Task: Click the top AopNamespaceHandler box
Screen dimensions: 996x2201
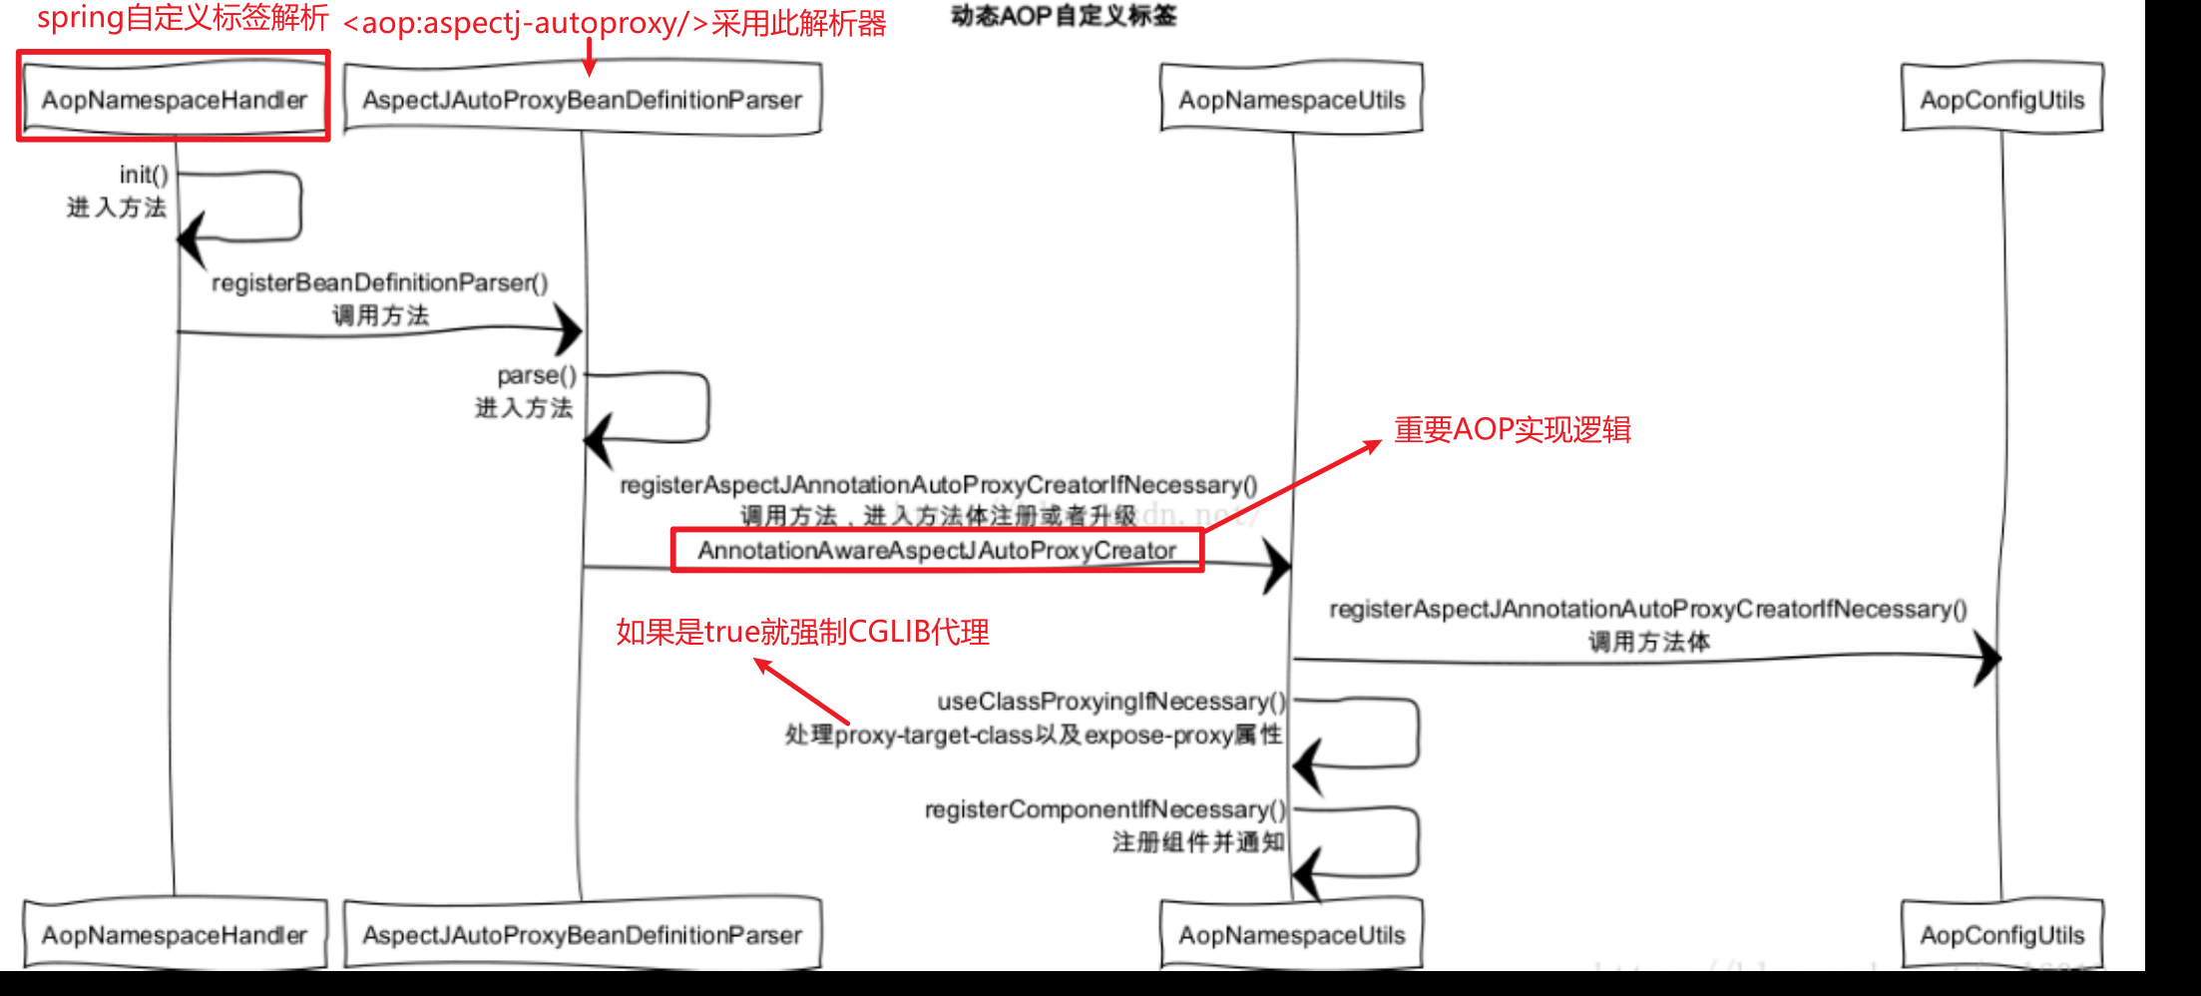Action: [175, 100]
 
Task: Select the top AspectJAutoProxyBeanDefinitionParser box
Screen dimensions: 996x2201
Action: [582, 100]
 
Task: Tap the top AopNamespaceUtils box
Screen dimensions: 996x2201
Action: [1291, 100]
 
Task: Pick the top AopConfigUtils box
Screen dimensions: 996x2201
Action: [2001, 100]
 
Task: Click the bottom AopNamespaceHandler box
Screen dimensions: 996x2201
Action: [175, 935]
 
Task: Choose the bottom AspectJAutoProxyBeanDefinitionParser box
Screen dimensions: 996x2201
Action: [582, 935]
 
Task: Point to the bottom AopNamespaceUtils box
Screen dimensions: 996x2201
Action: [1291, 935]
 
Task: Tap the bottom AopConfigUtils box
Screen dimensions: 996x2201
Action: [2001, 935]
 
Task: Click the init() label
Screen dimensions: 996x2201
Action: [144, 175]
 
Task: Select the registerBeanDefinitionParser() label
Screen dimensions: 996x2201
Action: [379, 283]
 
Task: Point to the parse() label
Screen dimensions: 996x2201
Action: [537, 375]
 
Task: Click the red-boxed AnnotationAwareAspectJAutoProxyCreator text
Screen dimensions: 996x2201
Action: [936, 551]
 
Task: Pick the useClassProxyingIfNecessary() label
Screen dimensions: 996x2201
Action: [1110, 702]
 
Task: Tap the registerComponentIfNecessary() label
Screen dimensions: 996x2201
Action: [1104, 809]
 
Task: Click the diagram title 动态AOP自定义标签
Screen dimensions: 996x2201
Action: [1064, 16]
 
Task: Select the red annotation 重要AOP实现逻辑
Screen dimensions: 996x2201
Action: [1512, 430]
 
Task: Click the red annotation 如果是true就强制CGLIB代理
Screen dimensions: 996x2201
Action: [802, 632]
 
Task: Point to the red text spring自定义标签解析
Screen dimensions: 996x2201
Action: [183, 18]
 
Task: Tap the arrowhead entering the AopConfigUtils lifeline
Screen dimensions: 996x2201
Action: [1988, 658]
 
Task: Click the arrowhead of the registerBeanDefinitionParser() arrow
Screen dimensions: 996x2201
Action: [570, 330]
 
